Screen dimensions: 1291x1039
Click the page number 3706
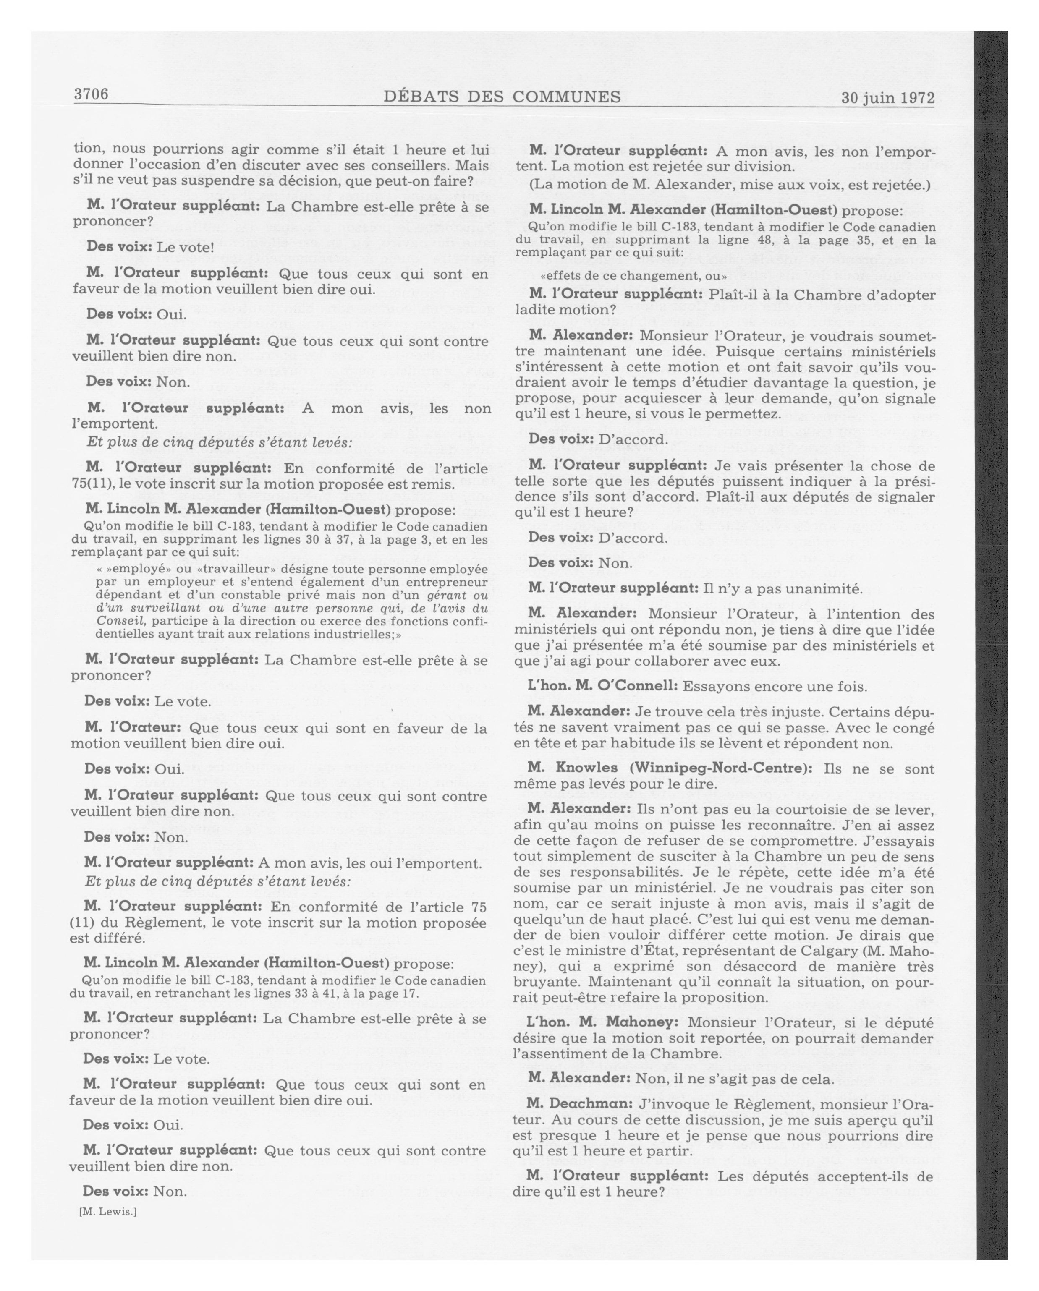tap(91, 94)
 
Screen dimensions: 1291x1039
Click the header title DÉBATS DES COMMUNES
tap(502, 97)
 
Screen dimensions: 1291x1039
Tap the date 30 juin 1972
tap(887, 98)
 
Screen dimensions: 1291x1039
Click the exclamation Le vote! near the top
tap(185, 247)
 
